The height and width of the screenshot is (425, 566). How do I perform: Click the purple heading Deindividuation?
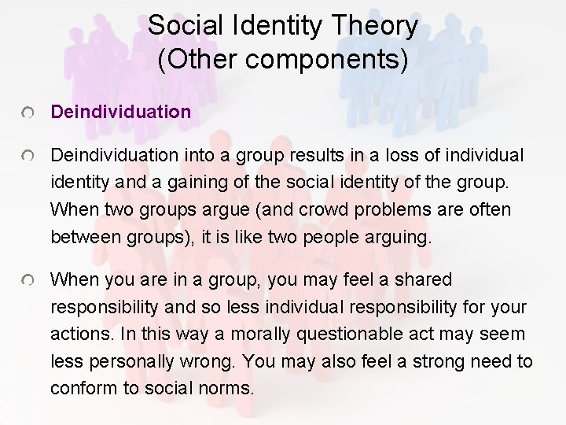(x=120, y=112)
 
